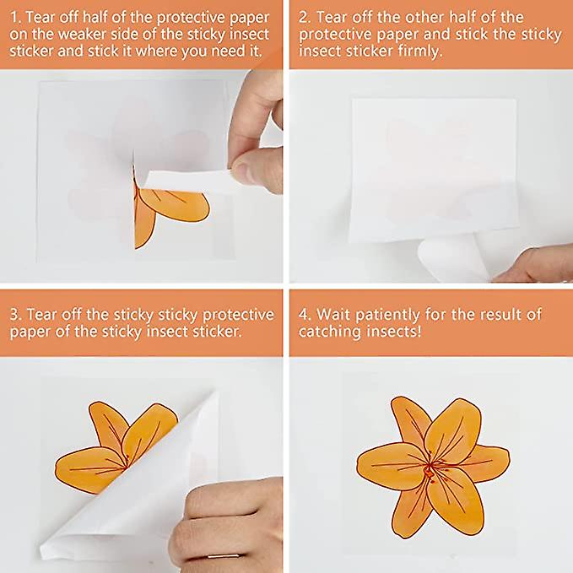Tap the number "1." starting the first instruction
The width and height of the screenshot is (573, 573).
[16, 17]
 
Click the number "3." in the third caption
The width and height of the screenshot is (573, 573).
[16, 315]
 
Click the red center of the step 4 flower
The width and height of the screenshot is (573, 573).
[431, 468]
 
